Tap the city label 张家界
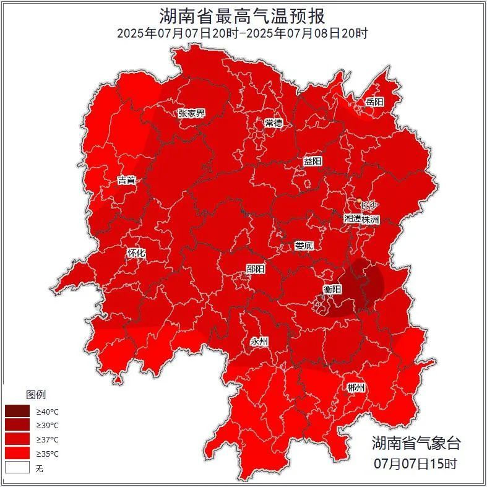point(191,113)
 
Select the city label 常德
point(274,123)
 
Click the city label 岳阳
point(374,102)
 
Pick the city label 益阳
point(312,161)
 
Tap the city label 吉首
point(127,181)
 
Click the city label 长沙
point(369,205)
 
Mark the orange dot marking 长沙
point(359,200)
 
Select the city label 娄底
point(304,246)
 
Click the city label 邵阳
point(255,269)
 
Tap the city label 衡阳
point(332,289)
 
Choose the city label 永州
point(259,342)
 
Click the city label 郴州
point(356,388)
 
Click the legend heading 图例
point(35,395)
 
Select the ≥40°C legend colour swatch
point(17,411)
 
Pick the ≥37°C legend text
point(47,439)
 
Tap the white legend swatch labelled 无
point(17,468)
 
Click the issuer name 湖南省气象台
point(416,443)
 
